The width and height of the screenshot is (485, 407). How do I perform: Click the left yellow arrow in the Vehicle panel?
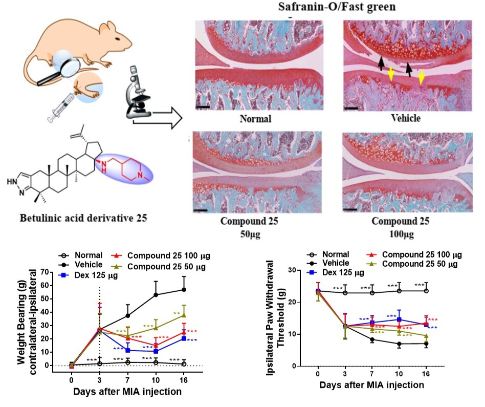point(391,75)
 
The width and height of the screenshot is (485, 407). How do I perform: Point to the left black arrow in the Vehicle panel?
point(381,63)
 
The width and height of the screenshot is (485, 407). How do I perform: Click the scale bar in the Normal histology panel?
point(202,107)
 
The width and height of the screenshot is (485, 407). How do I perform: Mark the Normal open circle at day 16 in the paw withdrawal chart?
point(426,290)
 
